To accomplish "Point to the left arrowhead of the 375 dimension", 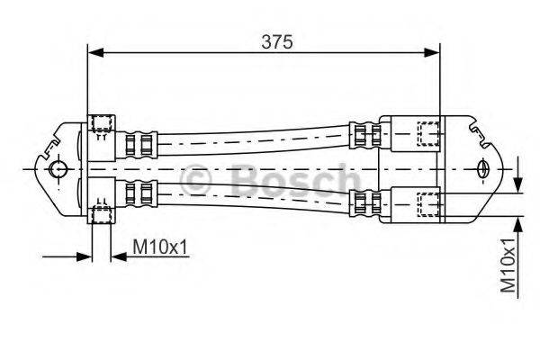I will pyautogui.click(x=94, y=53).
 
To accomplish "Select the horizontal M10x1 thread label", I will pyautogui.click(x=160, y=246).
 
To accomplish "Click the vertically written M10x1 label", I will pyautogui.click(x=509, y=265).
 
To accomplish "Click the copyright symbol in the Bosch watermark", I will pyautogui.click(x=195, y=181).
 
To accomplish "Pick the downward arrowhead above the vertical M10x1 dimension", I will pyautogui.click(x=518, y=184).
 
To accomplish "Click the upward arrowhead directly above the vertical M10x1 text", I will pyautogui.click(x=518, y=221).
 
